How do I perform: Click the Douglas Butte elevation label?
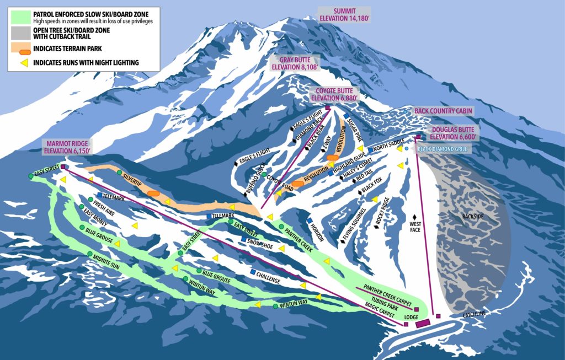447,133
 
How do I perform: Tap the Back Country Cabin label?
443,111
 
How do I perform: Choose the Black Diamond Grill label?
442,149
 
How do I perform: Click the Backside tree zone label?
473,217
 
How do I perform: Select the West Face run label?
415,227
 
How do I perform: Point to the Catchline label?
474,314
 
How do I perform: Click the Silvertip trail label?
131,176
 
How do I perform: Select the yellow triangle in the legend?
25,63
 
